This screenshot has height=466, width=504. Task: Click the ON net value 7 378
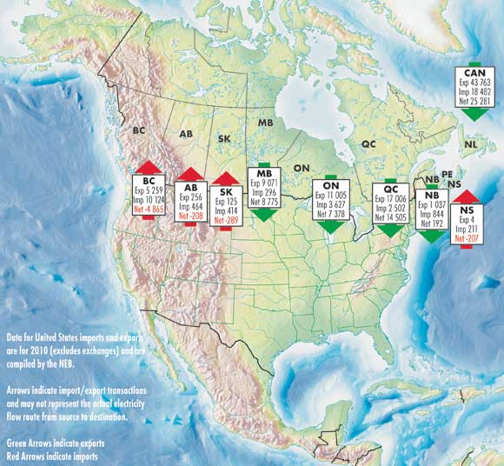tap(331, 214)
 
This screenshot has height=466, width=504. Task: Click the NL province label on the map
tap(470, 145)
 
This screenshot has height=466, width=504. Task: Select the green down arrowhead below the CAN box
tap(475, 114)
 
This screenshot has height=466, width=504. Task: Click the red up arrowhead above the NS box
tap(467, 196)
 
